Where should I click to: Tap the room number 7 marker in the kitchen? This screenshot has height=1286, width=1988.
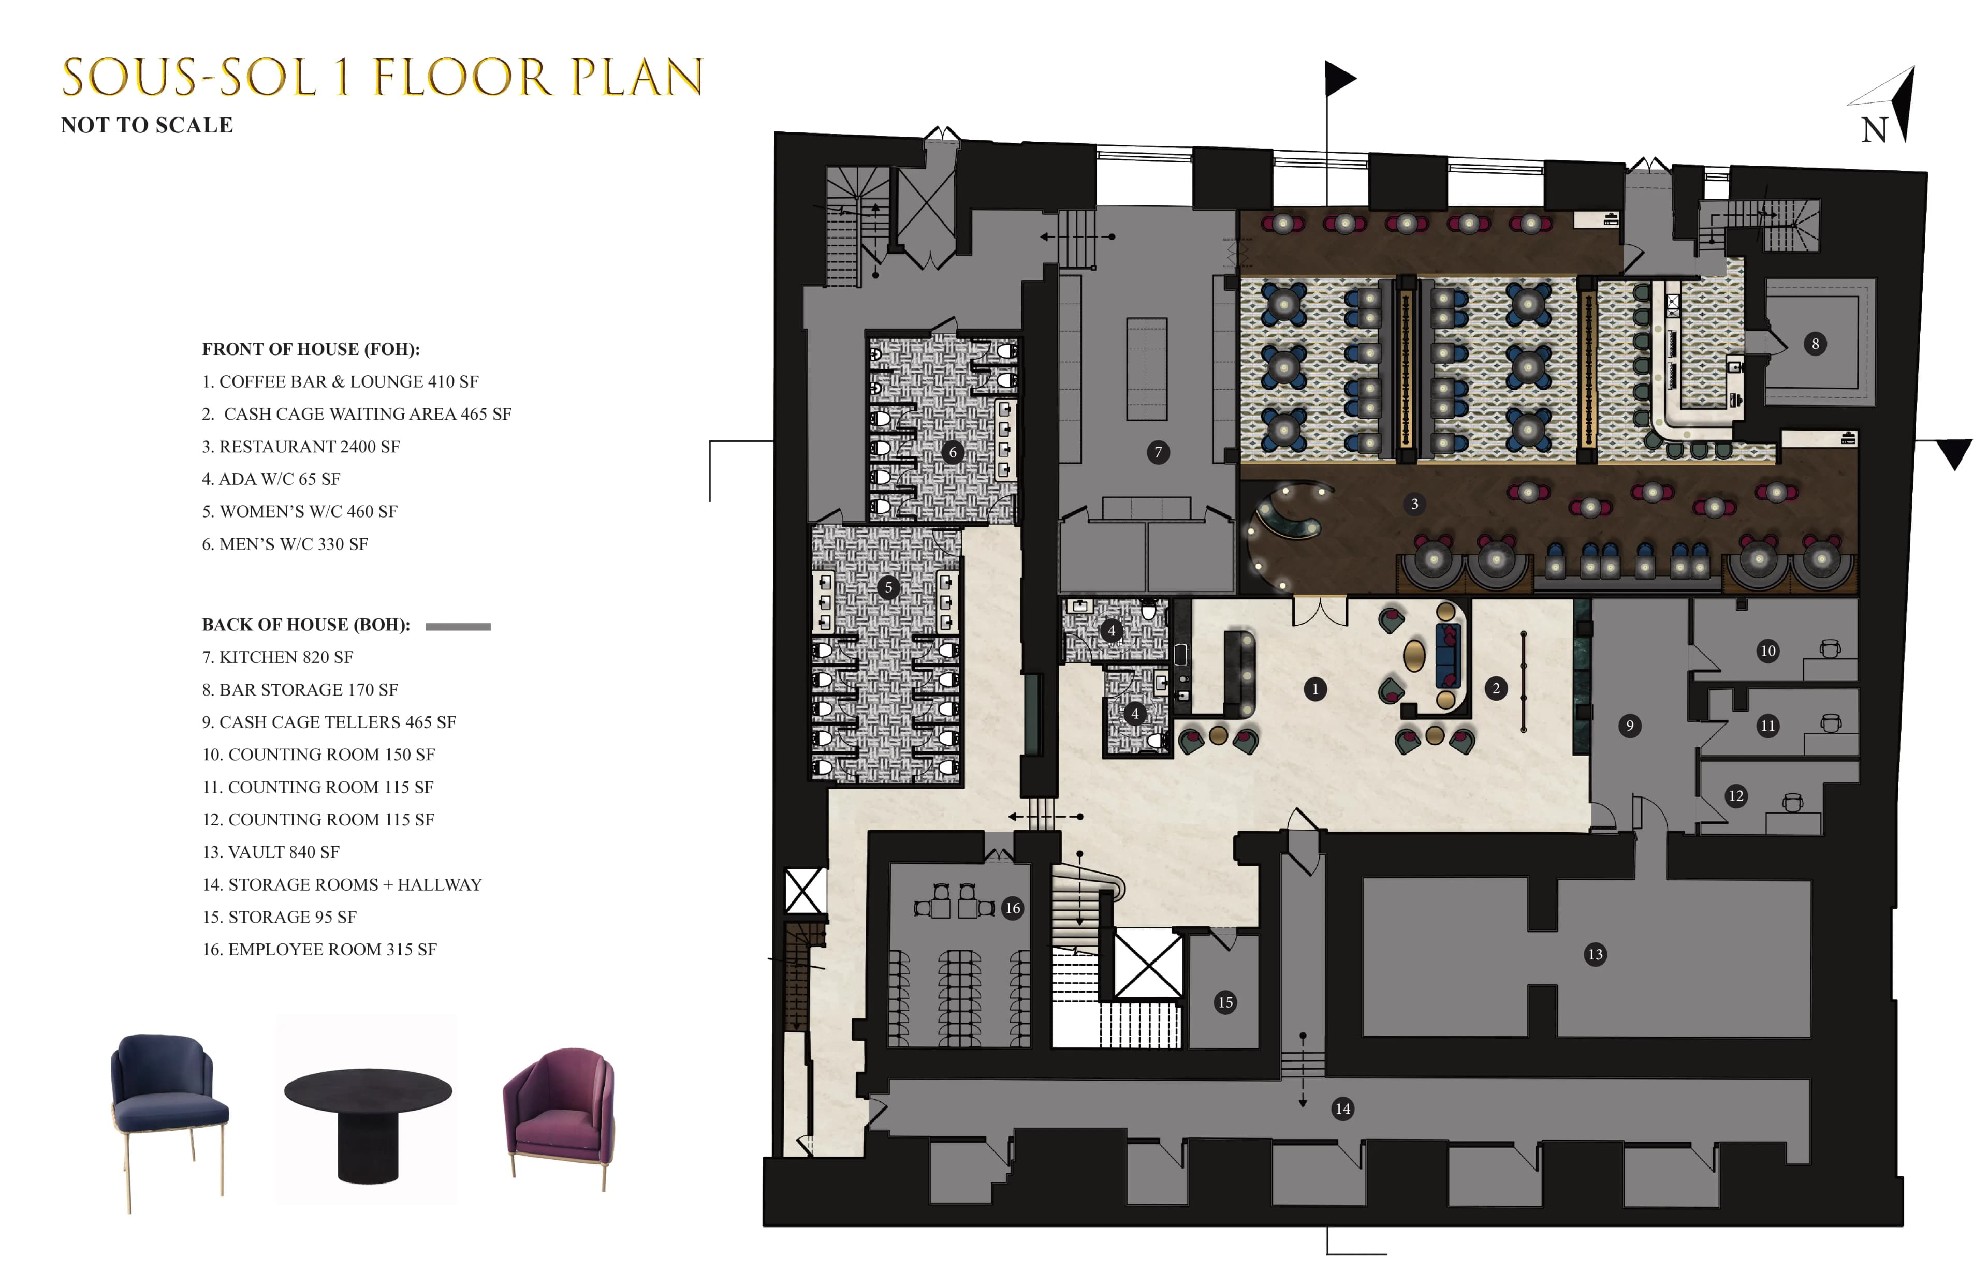pyautogui.click(x=1158, y=453)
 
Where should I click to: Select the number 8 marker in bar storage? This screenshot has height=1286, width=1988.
pyautogui.click(x=1814, y=343)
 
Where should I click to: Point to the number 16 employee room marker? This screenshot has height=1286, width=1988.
pyautogui.click(x=1012, y=908)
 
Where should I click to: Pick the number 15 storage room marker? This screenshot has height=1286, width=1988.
pyautogui.click(x=1224, y=1002)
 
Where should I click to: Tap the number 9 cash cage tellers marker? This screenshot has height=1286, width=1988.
pyautogui.click(x=1629, y=726)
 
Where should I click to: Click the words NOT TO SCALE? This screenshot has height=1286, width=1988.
pyautogui.click(x=147, y=125)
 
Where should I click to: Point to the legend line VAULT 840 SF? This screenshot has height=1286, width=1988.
pyautogui.click(x=271, y=852)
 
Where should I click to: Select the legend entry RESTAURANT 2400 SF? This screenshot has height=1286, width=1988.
pyautogui.click(x=301, y=447)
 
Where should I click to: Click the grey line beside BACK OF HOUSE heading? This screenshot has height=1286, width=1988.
pyautogui.click(x=458, y=626)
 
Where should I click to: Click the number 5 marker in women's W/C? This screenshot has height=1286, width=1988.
pyautogui.click(x=888, y=587)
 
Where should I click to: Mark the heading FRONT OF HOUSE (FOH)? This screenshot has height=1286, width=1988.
pyautogui.click(x=311, y=349)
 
